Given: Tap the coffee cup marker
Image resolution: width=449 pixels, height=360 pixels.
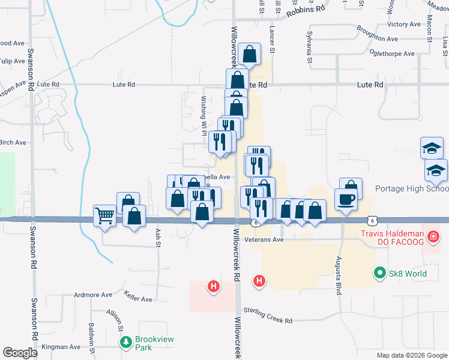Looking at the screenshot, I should tap(346, 199).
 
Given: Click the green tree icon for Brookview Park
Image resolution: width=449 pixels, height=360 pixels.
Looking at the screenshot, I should tap(125, 343).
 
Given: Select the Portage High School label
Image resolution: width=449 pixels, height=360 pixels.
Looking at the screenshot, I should tap(412, 188).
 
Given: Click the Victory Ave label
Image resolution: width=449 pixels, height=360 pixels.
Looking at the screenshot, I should tap(405, 25).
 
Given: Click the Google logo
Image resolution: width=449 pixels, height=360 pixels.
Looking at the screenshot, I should tap(20, 353).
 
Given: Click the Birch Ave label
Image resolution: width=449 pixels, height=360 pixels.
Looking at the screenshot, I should tap(13, 143).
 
